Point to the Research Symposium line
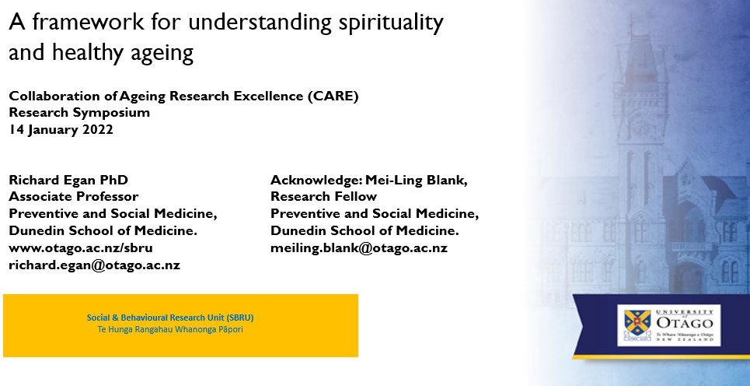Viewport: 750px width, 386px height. click(79, 113)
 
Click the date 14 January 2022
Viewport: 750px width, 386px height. click(61, 130)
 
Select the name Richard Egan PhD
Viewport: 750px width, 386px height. click(68, 180)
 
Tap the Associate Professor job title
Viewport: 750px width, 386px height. click(74, 197)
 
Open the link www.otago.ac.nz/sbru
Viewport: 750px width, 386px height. click(80, 248)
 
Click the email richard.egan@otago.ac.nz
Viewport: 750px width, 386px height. click(94, 265)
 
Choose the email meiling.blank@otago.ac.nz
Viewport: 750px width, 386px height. click(358, 248)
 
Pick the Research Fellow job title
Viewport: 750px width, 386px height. click(323, 197)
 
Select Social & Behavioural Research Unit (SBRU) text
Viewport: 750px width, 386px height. click(170, 318)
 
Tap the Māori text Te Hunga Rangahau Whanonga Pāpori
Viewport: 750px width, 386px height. click(170, 329)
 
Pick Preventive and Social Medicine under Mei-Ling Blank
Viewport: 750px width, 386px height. click(375, 214)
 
